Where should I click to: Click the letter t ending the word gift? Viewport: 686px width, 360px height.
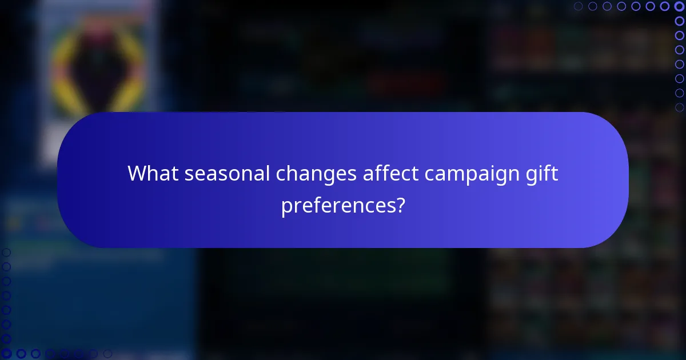pyautogui.click(x=555, y=173)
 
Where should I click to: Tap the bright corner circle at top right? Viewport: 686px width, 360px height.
pyautogui.click(x=679, y=6)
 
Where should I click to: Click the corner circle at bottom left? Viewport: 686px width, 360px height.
pyautogui.click(x=6, y=354)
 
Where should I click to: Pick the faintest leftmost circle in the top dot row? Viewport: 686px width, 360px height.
pyautogui.click(x=579, y=6)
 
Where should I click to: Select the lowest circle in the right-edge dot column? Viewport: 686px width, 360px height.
pyautogui.click(x=679, y=107)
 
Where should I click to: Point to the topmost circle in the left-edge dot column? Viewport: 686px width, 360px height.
pyautogui.click(x=6, y=253)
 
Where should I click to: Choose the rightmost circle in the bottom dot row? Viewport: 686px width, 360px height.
pyautogui.click(x=107, y=354)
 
